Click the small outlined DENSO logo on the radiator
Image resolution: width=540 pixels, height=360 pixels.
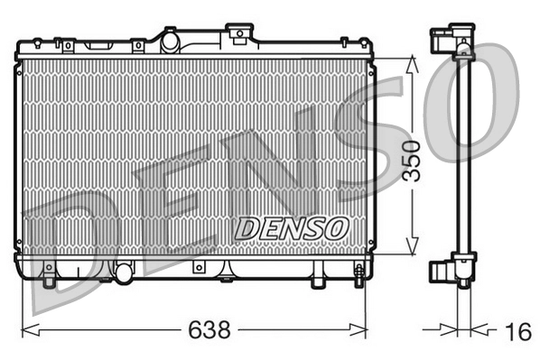point(290,228)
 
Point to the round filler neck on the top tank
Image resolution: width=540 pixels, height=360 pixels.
point(168,40)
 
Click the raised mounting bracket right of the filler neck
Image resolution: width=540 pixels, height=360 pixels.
point(238,33)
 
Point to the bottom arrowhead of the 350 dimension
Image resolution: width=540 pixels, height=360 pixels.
point(413,252)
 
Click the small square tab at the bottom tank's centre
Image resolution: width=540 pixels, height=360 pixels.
point(198,269)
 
